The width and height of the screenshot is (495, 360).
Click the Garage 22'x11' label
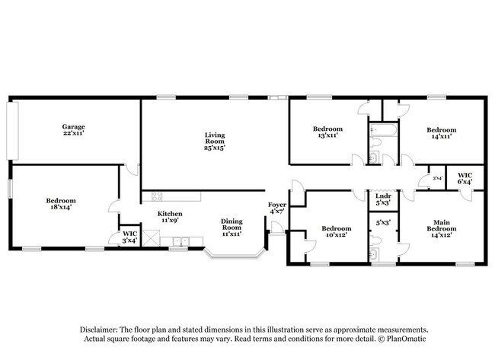click(x=73, y=129)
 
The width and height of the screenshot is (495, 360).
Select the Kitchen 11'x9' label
click(x=170, y=218)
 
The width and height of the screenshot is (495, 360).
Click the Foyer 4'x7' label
click(x=276, y=208)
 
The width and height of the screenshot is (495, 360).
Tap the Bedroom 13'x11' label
click(x=327, y=132)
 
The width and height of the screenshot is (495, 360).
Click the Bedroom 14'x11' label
click(x=441, y=132)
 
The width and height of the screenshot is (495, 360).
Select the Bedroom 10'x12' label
click(x=336, y=231)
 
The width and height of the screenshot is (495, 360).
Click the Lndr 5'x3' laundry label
click(x=383, y=199)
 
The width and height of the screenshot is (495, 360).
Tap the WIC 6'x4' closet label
click(x=465, y=179)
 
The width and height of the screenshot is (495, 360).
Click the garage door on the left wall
click(x=11, y=130)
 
